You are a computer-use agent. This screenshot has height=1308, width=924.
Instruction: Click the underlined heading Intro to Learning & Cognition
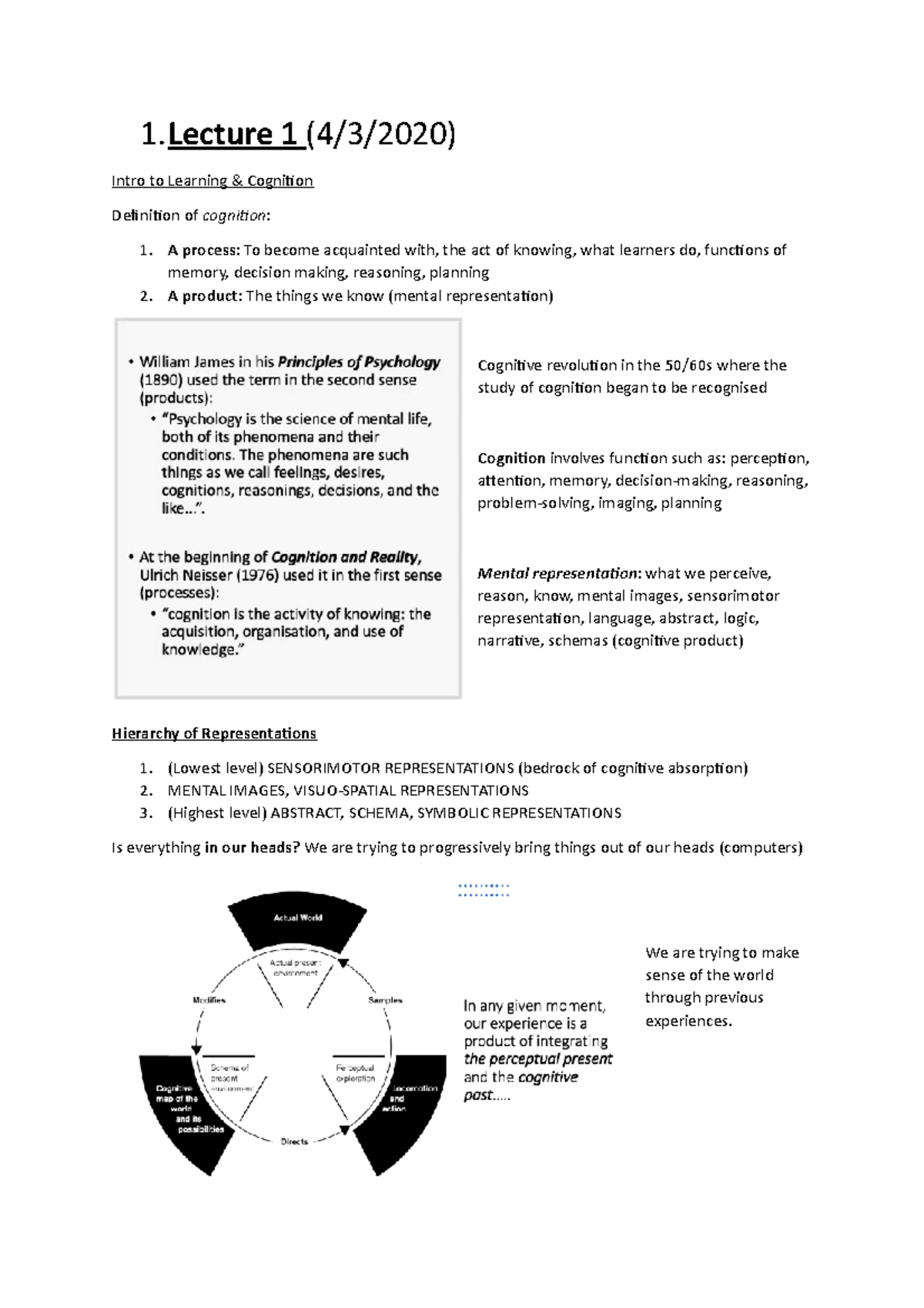[x=212, y=181]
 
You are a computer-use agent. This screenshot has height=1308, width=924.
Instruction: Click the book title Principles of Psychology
[x=359, y=362]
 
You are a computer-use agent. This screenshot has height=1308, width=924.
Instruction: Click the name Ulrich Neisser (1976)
[x=209, y=575]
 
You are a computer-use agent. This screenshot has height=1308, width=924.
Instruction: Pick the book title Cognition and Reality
[x=346, y=557]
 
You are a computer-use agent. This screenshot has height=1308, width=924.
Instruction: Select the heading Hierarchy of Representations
[x=214, y=733]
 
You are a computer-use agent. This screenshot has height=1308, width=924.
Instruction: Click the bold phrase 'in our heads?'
[x=253, y=848]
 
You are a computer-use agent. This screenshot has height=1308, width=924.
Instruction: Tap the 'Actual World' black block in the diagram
[x=297, y=918]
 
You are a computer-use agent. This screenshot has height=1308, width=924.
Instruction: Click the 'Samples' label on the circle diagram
[x=385, y=1001]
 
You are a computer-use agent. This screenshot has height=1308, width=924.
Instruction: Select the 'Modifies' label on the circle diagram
[x=209, y=1001]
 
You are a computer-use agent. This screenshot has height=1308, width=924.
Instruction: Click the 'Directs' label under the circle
[x=294, y=1142]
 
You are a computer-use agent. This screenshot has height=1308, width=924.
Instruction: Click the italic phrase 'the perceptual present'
[x=537, y=1059]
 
